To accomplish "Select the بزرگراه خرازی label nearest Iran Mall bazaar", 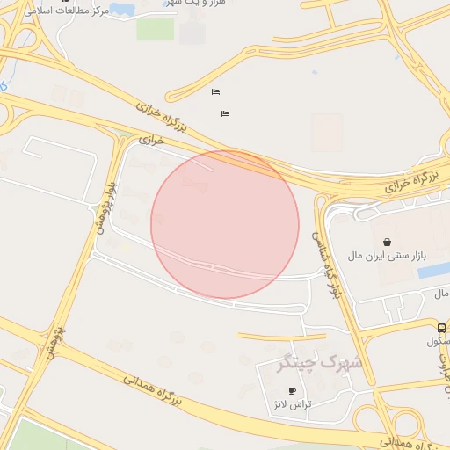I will pos(411,183).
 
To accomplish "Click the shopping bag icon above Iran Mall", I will pos(388,242).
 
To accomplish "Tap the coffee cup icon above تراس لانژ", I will pos(293,391).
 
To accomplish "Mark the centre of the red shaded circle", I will pos(225,225).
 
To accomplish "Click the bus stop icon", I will pos(441,328).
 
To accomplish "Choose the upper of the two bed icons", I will pos(215,92).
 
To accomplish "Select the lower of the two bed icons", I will pos(226,113).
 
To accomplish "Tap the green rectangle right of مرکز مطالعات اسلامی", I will pos(156,29).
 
